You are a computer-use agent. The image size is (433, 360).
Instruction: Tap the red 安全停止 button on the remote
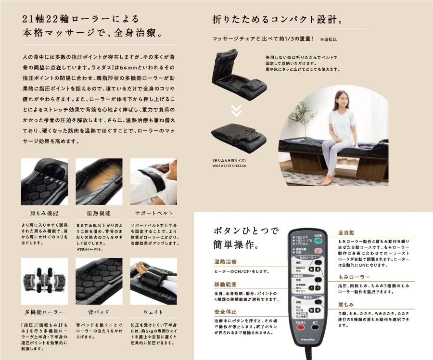(300, 327)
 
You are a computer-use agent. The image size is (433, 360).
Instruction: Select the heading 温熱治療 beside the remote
(225, 262)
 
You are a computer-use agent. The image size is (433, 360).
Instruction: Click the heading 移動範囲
(225, 284)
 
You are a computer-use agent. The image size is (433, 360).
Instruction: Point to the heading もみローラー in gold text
(354, 278)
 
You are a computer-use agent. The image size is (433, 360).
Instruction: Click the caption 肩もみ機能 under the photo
(44, 213)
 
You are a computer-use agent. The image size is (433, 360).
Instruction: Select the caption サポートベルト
(153, 213)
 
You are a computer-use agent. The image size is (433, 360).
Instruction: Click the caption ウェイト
(153, 312)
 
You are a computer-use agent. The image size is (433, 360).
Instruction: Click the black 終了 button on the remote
(315, 327)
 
